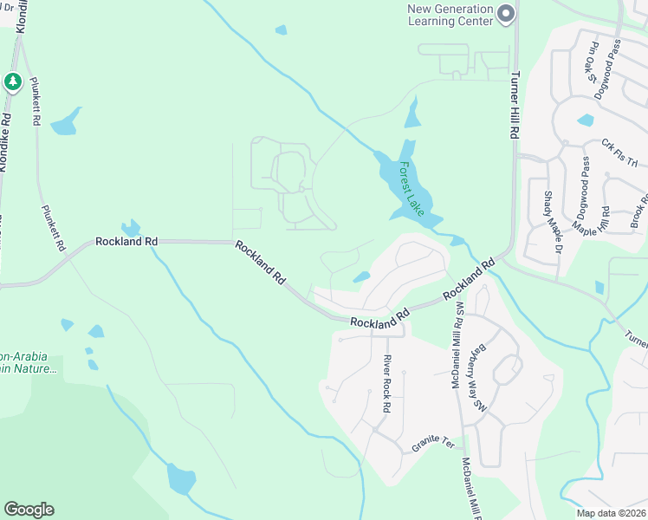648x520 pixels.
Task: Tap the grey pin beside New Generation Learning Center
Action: pos(506,14)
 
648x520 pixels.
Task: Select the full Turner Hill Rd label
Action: pos(515,105)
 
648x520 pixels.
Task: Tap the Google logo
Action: pos(29,510)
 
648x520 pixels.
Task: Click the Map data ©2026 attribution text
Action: pos(612,513)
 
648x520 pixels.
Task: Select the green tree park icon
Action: pos(12,81)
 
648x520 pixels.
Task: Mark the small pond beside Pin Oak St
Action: pos(586,120)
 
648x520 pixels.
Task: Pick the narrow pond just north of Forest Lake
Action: pos(412,113)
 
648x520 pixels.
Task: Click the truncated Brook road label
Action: pos(639,211)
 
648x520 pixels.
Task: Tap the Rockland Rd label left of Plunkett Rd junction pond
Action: pos(127,241)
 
